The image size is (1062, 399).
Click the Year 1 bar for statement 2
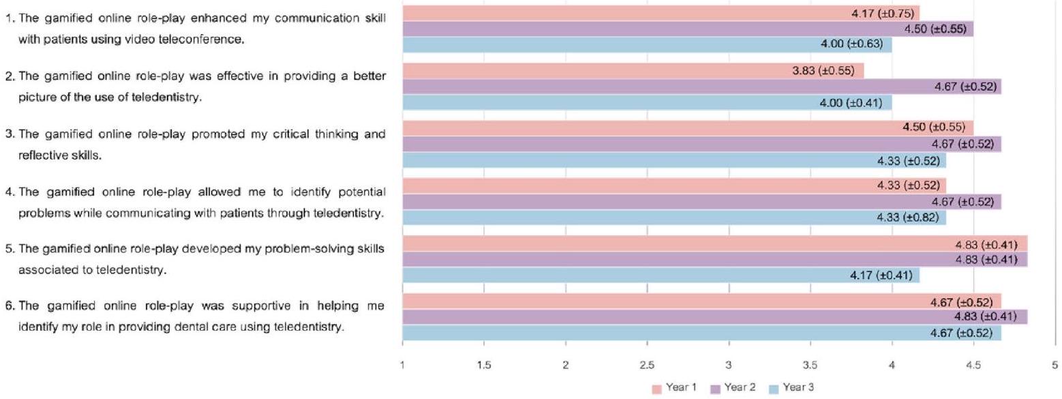point(633,71)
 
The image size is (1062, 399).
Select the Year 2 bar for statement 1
point(688,29)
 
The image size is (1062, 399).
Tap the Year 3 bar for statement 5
point(661,276)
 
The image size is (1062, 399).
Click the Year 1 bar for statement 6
point(701,301)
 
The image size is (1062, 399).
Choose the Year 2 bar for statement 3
point(701,144)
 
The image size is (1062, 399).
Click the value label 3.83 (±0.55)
point(828,71)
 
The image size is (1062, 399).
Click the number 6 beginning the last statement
point(8,306)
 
